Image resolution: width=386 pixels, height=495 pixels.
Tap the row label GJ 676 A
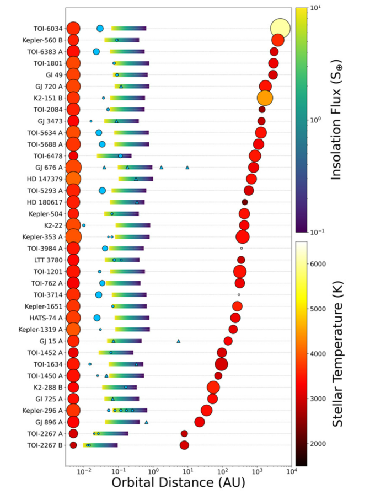coord(49,167)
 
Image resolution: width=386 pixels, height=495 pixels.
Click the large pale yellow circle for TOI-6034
coord(280,28)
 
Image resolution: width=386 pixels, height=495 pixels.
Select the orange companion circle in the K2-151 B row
coord(265,98)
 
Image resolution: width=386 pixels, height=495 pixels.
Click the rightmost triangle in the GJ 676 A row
coord(187,167)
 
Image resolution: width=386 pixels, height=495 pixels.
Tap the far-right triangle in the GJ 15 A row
coord(178,341)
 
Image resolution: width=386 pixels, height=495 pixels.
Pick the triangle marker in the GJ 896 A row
coord(146,422)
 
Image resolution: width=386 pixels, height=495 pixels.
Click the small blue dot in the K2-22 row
coord(84,225)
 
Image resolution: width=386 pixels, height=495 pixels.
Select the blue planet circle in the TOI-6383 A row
coord(96,52)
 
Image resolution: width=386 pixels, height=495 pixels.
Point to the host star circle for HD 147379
coord(73,179)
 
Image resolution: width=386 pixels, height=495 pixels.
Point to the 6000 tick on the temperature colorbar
coord(316,265)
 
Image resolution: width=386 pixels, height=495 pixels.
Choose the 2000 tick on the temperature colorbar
coord(316,443)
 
